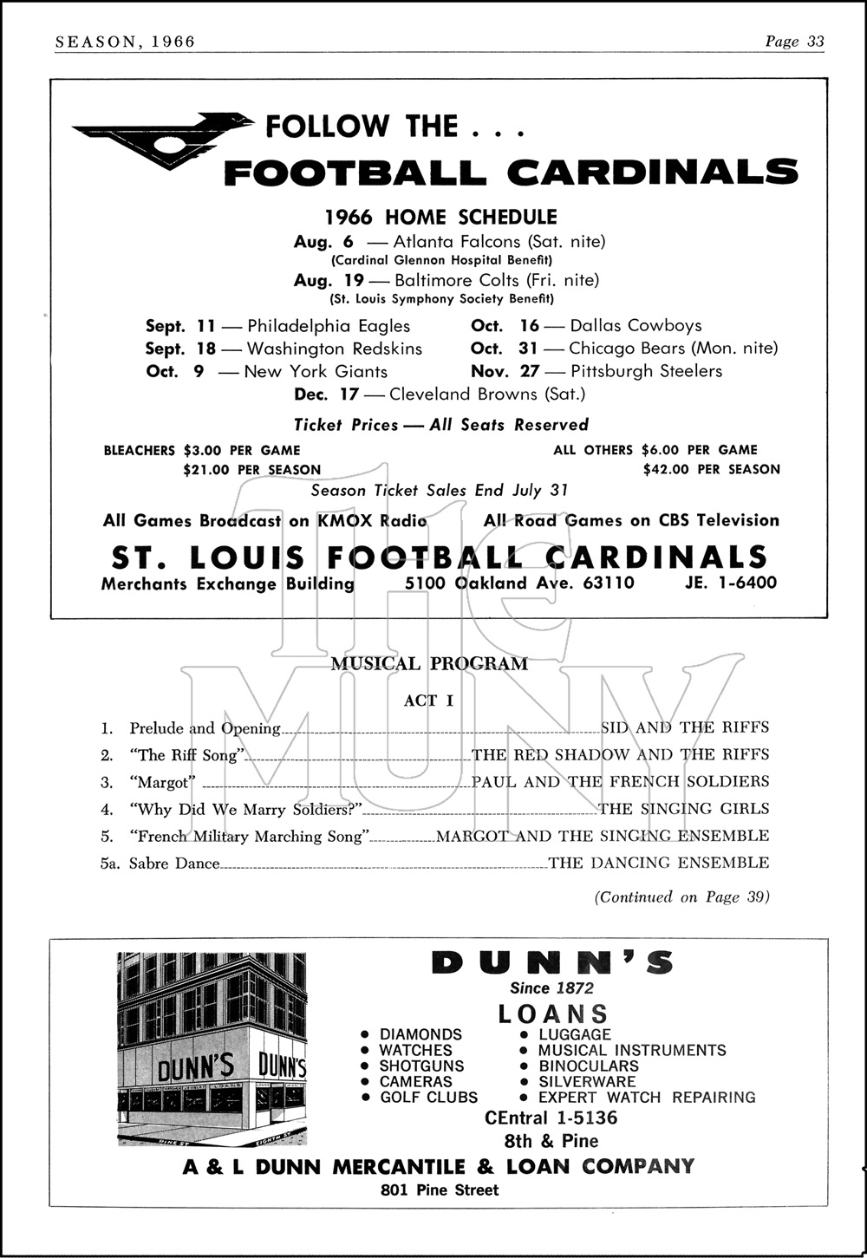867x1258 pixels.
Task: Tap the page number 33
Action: tap(815, 42)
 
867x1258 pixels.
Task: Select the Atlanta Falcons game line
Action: tap(449, 242)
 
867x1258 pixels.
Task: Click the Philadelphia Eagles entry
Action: tap(329, 326)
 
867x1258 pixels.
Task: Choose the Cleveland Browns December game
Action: tap(440, 394)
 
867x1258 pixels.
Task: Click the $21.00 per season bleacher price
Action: tap(251, 470)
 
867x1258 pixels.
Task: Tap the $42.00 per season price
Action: tap(711, 470)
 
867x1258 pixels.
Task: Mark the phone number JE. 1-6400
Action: tap(731, 583)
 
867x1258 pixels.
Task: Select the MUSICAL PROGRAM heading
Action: tap(429, 664)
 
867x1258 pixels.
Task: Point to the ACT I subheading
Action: tap(428, 701)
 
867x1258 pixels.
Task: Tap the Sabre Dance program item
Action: tap(174, 864)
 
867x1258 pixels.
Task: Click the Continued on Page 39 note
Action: tap(681, 897)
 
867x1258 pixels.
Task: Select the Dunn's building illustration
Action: tap(212, 1049)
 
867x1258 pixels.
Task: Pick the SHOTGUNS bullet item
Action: tap(421, 1066)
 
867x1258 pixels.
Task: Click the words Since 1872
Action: tap(552, 988)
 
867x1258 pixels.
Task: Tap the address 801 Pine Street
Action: tap(440, 1190)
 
